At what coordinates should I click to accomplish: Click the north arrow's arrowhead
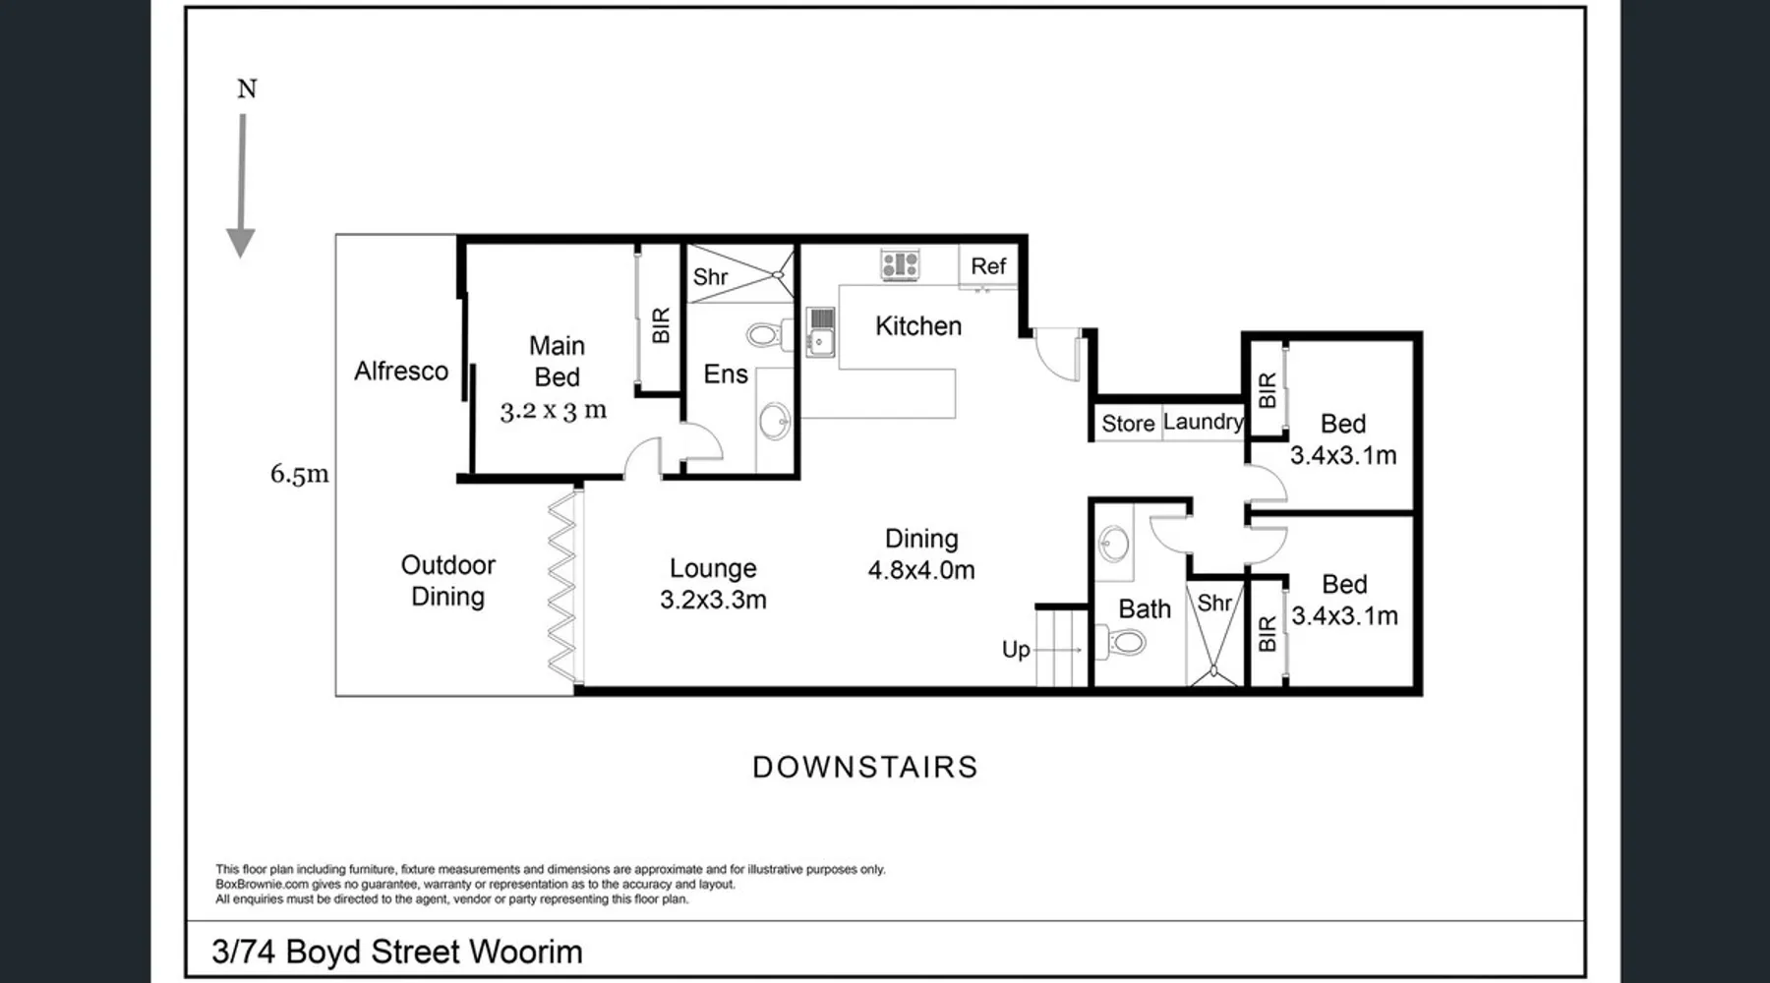click(241, 243)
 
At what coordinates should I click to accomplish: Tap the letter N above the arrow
click(247, 88)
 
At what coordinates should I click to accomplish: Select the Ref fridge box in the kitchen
click(988, 266)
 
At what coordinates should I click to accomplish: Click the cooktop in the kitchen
click(900, 264)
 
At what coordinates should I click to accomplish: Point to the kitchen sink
click(820, 331)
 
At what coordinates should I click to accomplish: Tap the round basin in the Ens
click(774, 422)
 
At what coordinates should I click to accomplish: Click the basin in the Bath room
click(1114, 543)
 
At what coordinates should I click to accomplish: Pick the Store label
click(1128, 424)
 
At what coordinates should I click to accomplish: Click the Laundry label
click(1204, 422)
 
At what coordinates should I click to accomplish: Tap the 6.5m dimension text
click(300, 474)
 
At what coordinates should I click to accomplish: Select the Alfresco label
click(401, 371)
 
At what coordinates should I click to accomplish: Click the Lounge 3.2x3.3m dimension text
click(713, 600)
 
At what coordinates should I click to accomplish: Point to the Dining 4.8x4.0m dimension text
click(921, 570)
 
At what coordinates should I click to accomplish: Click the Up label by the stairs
click(1016, 650)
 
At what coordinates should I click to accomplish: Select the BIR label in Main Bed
click(661, 325)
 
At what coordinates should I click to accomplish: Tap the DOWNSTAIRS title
click(865, 768)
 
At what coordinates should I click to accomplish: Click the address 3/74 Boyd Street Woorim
click(397, 952)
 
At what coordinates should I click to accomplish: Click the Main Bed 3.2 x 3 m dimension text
click(554, 411)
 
